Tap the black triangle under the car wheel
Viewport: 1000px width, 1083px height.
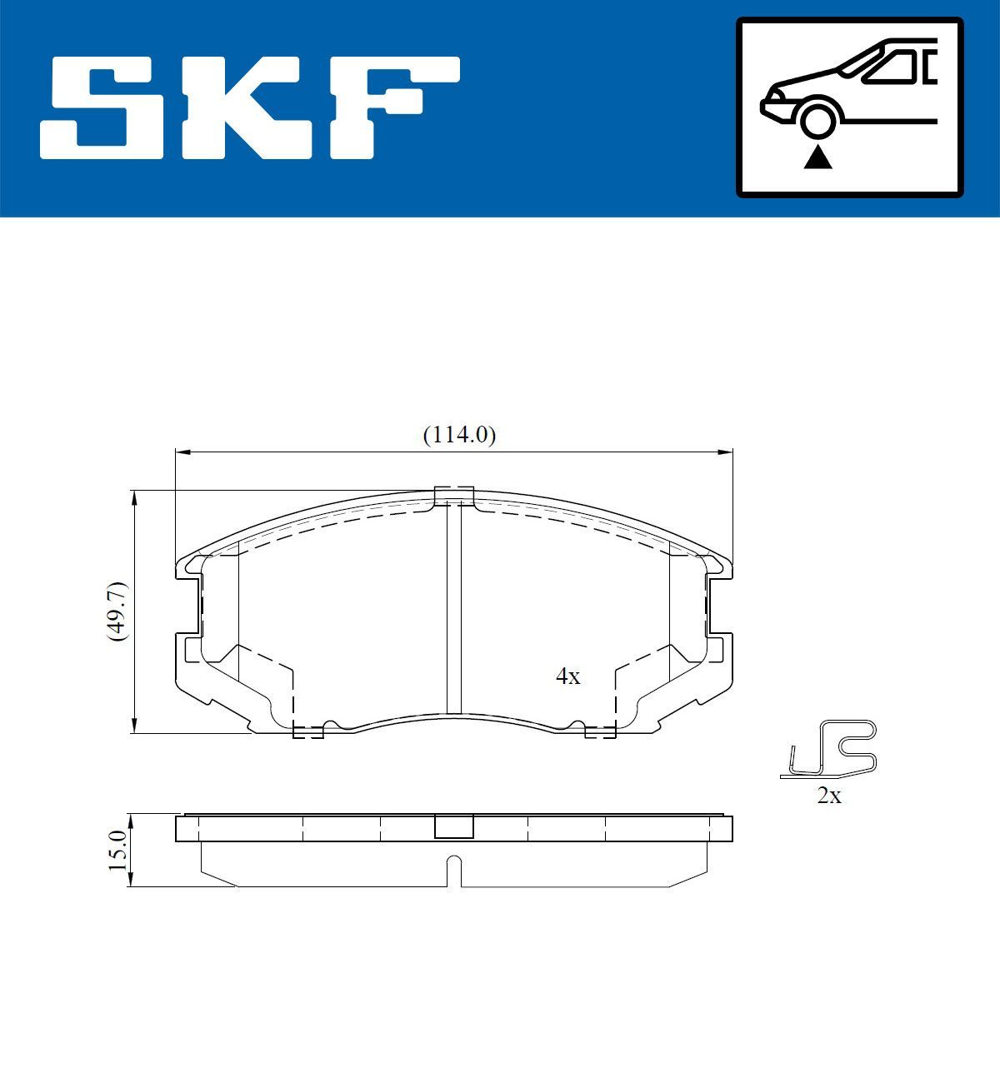tap(817, 157)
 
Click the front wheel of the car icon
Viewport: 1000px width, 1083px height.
tap(817, 118)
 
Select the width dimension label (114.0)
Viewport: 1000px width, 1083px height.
tap(459, 435)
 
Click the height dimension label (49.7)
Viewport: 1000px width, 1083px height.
tap(117, 611)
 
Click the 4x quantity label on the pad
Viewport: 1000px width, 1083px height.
tap(567, 676)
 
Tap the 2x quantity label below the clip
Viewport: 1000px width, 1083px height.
tap(828, 796)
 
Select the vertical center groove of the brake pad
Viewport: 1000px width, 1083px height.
tap(453, 608)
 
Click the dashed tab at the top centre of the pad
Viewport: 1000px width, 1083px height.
tap(454, 495)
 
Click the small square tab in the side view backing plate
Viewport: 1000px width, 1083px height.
tap(454, 826)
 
